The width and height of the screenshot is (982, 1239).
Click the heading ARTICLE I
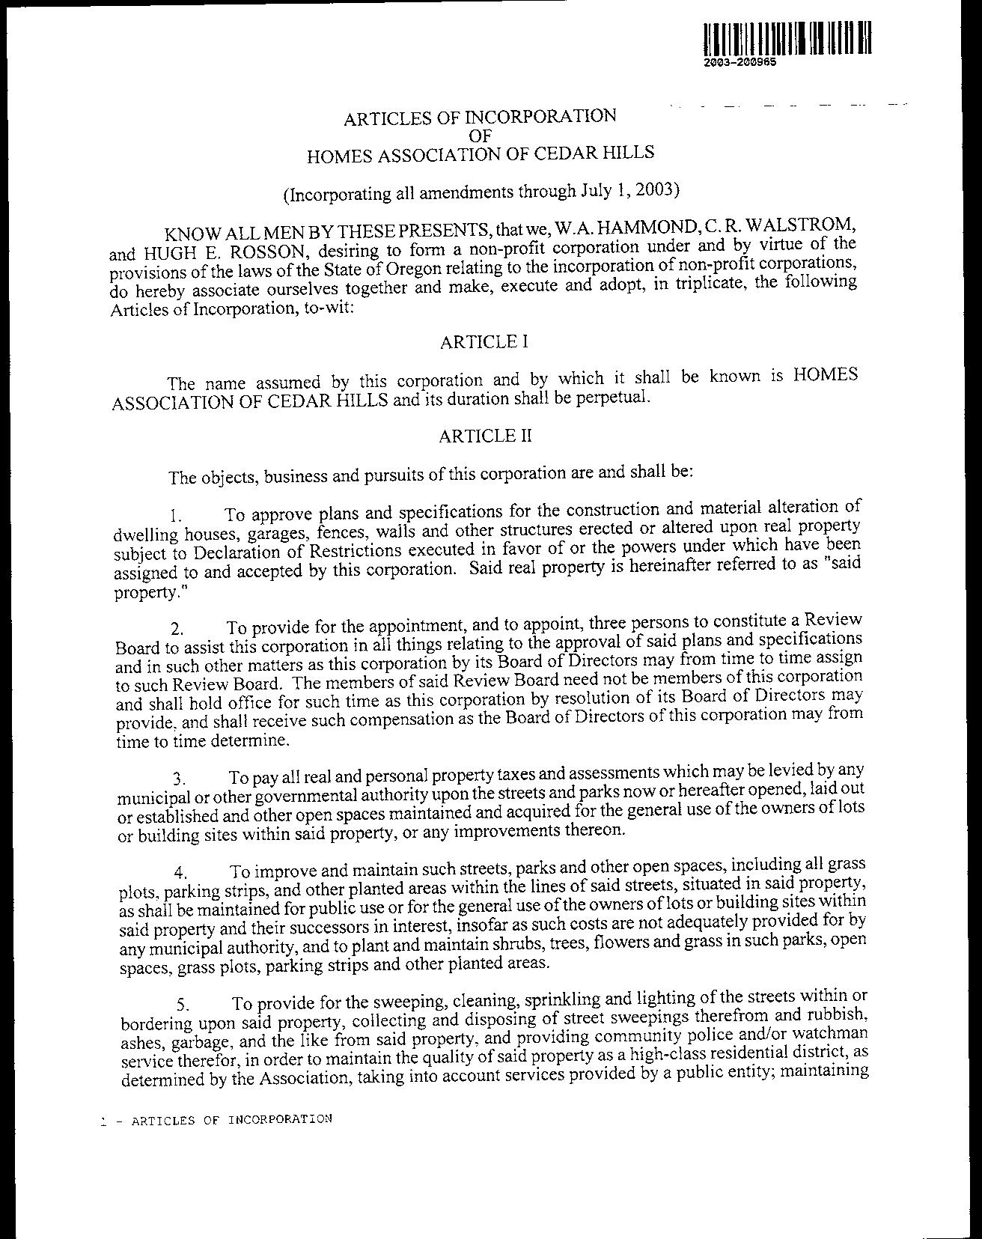point(484,342)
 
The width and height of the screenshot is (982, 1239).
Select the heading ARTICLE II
point(486,436)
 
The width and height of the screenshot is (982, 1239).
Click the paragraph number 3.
point(178,779)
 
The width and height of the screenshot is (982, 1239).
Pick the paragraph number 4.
point(180,873)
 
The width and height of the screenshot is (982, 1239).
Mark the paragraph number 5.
point(182,1005)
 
